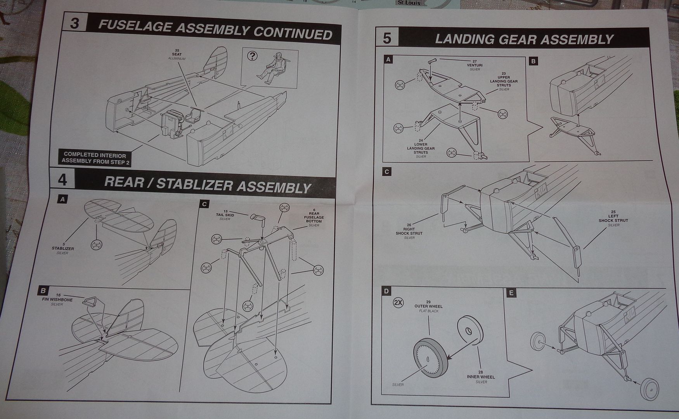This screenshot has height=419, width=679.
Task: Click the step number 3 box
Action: [74, 23]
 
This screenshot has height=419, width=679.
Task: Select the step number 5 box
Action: [387, 38]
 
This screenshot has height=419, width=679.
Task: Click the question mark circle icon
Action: [252, 56]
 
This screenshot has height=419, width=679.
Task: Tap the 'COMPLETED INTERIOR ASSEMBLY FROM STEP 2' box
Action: [95, 158]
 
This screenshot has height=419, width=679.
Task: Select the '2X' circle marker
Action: [398, 303]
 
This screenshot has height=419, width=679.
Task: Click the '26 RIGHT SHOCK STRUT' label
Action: [409, 231]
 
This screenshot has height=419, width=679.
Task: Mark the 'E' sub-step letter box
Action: [511, 293]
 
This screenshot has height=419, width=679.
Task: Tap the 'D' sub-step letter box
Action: [386, 291]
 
